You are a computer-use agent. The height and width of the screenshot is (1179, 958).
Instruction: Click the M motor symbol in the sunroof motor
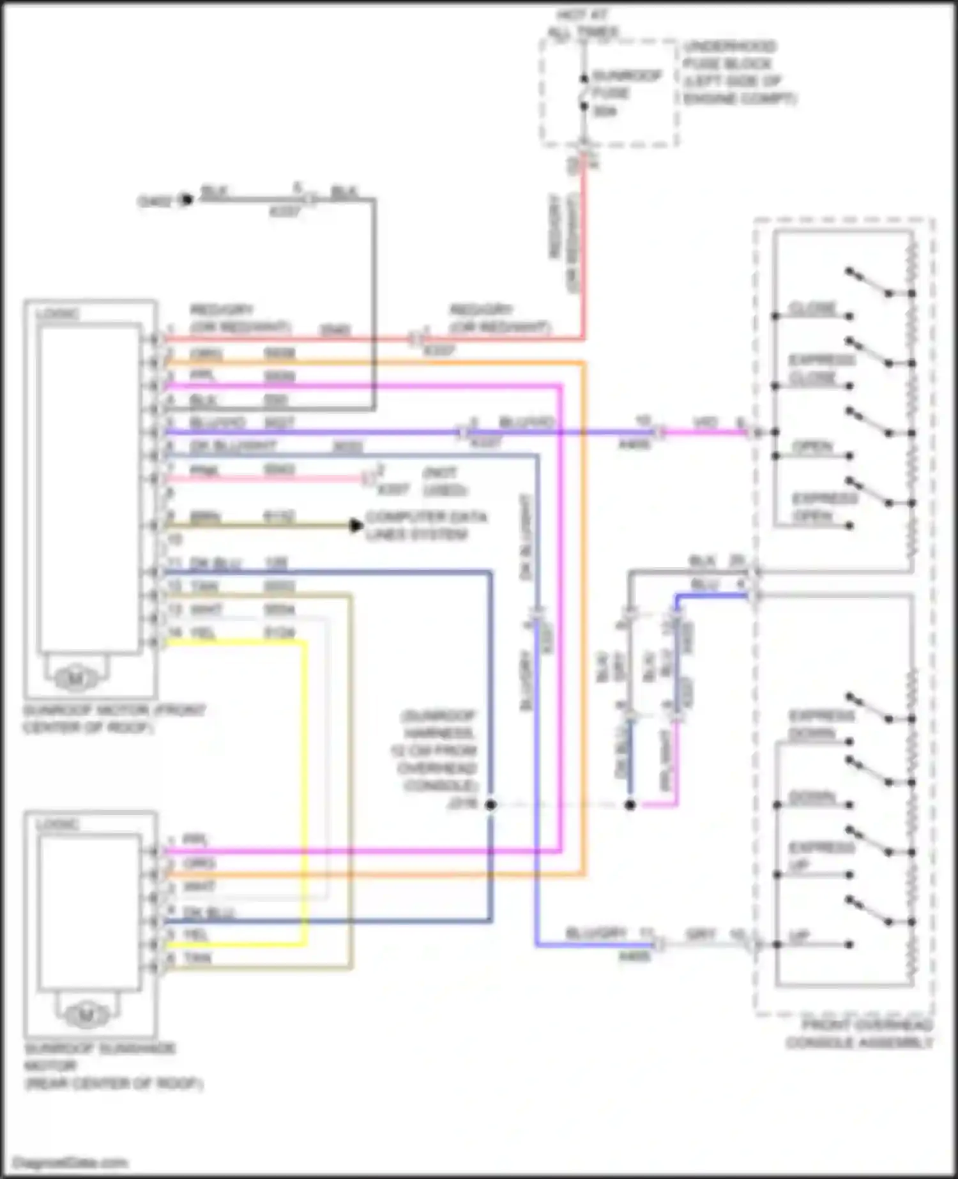coord(75,678)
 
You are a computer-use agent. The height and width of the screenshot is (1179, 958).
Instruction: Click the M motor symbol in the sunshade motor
coord(86,1014)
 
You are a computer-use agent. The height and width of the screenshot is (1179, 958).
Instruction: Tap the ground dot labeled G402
coord(186,200)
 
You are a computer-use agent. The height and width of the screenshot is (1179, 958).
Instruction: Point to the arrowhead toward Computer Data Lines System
coord(356,526)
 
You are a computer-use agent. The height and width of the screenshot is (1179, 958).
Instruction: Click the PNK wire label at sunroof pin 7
coord(204,471)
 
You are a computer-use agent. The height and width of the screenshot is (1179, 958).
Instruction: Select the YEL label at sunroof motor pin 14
coord(203,633)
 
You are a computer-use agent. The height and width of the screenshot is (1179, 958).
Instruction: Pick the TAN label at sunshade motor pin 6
coord(197,957)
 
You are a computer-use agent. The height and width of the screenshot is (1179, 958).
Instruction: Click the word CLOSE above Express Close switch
coord(813,308)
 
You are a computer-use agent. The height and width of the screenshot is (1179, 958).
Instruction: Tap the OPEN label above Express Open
coord(813,446)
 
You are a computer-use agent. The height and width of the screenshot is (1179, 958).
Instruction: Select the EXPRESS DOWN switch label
coord(821,724)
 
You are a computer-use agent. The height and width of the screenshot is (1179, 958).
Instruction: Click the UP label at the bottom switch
coord(799,937)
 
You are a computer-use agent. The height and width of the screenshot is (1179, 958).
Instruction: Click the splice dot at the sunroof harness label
coord(490,805)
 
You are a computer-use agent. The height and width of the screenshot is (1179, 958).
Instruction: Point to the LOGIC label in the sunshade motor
coord(57,825)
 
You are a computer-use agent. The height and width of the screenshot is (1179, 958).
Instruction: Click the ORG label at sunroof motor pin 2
coord(206,353)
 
